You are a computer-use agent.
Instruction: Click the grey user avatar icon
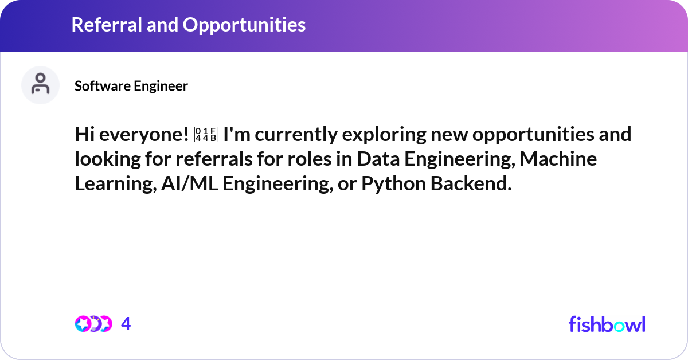point(40,85)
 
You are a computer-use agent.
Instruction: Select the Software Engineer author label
point(131,86)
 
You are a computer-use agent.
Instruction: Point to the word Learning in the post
point(111,184)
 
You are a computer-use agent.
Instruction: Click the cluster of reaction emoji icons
point(93,324)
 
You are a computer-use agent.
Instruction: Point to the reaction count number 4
point(126,324)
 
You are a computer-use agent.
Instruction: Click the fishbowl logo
point(607,324)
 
